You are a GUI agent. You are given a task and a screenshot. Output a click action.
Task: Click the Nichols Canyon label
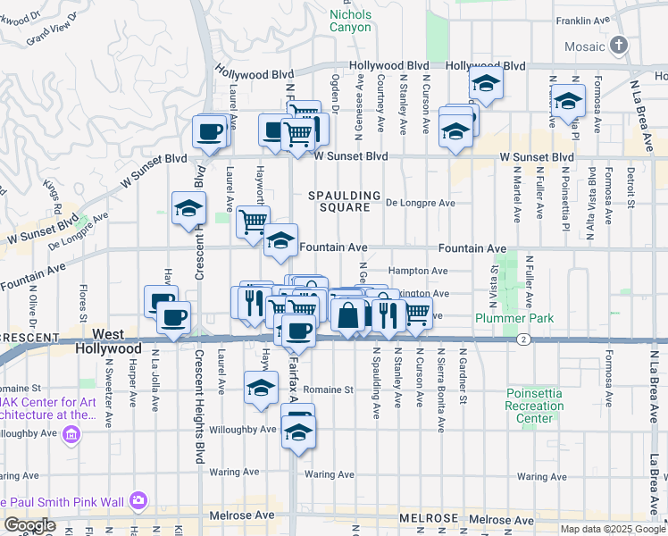point(349,21)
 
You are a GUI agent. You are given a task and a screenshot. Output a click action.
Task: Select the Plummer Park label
point(514,318)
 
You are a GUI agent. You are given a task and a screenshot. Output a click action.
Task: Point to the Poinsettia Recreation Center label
point(535,406)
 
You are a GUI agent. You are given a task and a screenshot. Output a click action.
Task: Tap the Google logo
point(29,525)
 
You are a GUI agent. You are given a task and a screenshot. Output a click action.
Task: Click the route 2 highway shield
point(522,339)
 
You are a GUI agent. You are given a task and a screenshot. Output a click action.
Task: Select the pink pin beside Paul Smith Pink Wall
point(138,500)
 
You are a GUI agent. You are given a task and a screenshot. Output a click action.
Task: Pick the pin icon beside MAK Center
point(72,435)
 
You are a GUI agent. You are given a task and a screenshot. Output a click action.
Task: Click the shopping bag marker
point(348,314)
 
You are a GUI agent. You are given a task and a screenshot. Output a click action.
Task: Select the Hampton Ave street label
point(418,271)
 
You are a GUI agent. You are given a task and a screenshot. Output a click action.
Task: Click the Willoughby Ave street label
point(249,430)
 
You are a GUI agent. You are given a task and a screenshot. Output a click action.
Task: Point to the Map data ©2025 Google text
point(612,529)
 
